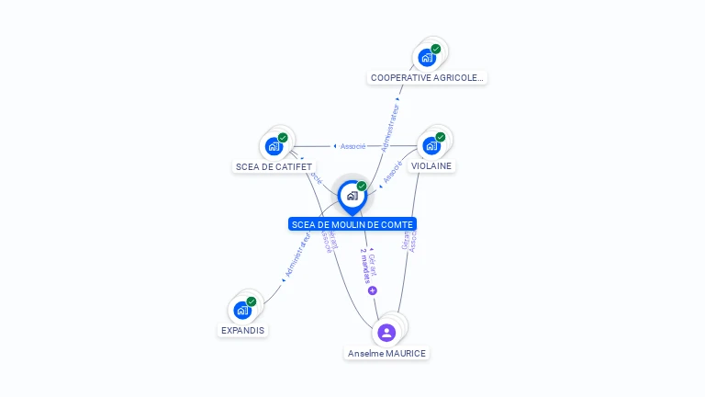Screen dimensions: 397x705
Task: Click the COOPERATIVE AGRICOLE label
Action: (427, 78)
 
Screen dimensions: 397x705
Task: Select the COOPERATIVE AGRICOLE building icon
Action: (427, 58)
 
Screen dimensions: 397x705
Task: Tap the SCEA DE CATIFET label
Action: (274, 166)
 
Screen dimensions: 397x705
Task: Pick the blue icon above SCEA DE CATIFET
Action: (274, 146)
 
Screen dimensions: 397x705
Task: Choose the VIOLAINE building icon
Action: (431, 145)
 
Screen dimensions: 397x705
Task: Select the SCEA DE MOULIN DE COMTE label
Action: (352, 224)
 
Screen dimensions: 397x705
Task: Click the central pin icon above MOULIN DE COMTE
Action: (352, 196)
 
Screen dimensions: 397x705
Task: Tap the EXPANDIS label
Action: (242, 330)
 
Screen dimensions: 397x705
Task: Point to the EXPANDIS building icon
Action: (242, 310)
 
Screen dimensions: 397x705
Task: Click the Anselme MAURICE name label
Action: (386, 353)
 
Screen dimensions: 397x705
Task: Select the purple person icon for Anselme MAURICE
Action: (386, 332)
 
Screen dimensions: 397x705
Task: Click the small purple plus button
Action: (373, 290)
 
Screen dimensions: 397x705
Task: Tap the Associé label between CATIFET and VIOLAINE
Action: (352, 146)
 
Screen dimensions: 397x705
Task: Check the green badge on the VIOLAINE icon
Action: (441, 137)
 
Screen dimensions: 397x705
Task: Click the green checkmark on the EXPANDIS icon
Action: (252, 301)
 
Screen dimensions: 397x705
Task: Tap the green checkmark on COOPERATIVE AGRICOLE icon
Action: (436, 50)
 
